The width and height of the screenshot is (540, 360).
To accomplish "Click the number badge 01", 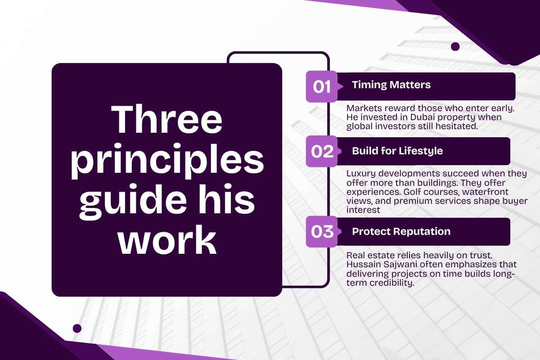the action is point(322,86).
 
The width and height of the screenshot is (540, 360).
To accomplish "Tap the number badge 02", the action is point(322,152).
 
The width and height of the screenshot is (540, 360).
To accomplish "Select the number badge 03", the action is point(322,232).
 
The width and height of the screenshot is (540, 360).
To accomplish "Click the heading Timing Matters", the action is point(391,85).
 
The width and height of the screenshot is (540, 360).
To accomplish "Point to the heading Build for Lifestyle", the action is point(397,151).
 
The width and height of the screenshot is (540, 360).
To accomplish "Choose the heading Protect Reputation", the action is point(401,231).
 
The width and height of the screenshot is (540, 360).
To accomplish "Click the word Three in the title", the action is point(166,119).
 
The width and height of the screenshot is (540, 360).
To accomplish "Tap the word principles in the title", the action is point(167,161).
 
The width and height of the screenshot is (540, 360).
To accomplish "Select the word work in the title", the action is point(167,240).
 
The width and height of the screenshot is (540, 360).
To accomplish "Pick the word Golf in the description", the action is point(411,192).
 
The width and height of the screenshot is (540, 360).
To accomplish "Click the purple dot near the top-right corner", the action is point(455,46).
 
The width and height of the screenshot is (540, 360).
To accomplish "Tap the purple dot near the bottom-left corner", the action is point(77,328).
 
